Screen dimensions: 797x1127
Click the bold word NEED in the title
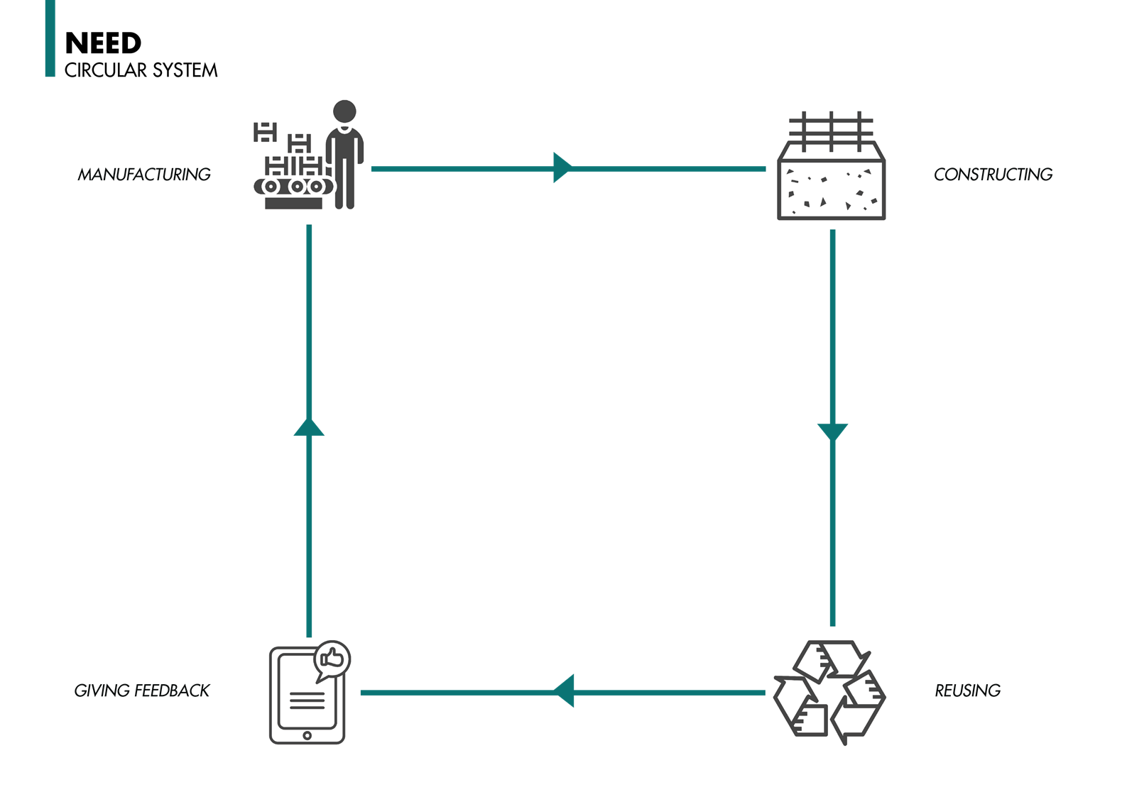103,43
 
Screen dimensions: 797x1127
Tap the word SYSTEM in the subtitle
185,70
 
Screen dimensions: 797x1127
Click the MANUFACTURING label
144,175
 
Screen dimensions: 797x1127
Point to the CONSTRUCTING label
993,175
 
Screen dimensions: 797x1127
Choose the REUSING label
967,691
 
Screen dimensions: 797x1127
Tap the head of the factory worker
344,111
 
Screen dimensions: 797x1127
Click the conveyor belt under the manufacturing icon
293,187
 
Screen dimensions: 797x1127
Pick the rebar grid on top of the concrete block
831,131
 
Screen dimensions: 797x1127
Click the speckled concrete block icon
831,189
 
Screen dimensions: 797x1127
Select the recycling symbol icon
829,692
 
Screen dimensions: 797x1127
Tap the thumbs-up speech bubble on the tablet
332,659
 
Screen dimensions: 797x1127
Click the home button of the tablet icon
307,735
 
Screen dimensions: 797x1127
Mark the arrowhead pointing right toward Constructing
562,168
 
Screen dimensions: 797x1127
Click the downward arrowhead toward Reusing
832,431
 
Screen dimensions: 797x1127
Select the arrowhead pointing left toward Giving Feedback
565,691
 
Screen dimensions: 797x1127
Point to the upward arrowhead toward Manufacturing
309,427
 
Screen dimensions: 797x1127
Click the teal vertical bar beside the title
50,38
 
